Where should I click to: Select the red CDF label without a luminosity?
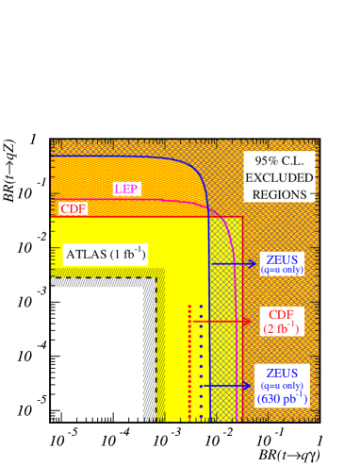point(73,209)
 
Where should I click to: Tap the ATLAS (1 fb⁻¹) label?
point(105,254)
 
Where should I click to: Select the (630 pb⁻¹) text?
point(282,399)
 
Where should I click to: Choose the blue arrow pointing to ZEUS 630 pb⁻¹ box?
point(230,385)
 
